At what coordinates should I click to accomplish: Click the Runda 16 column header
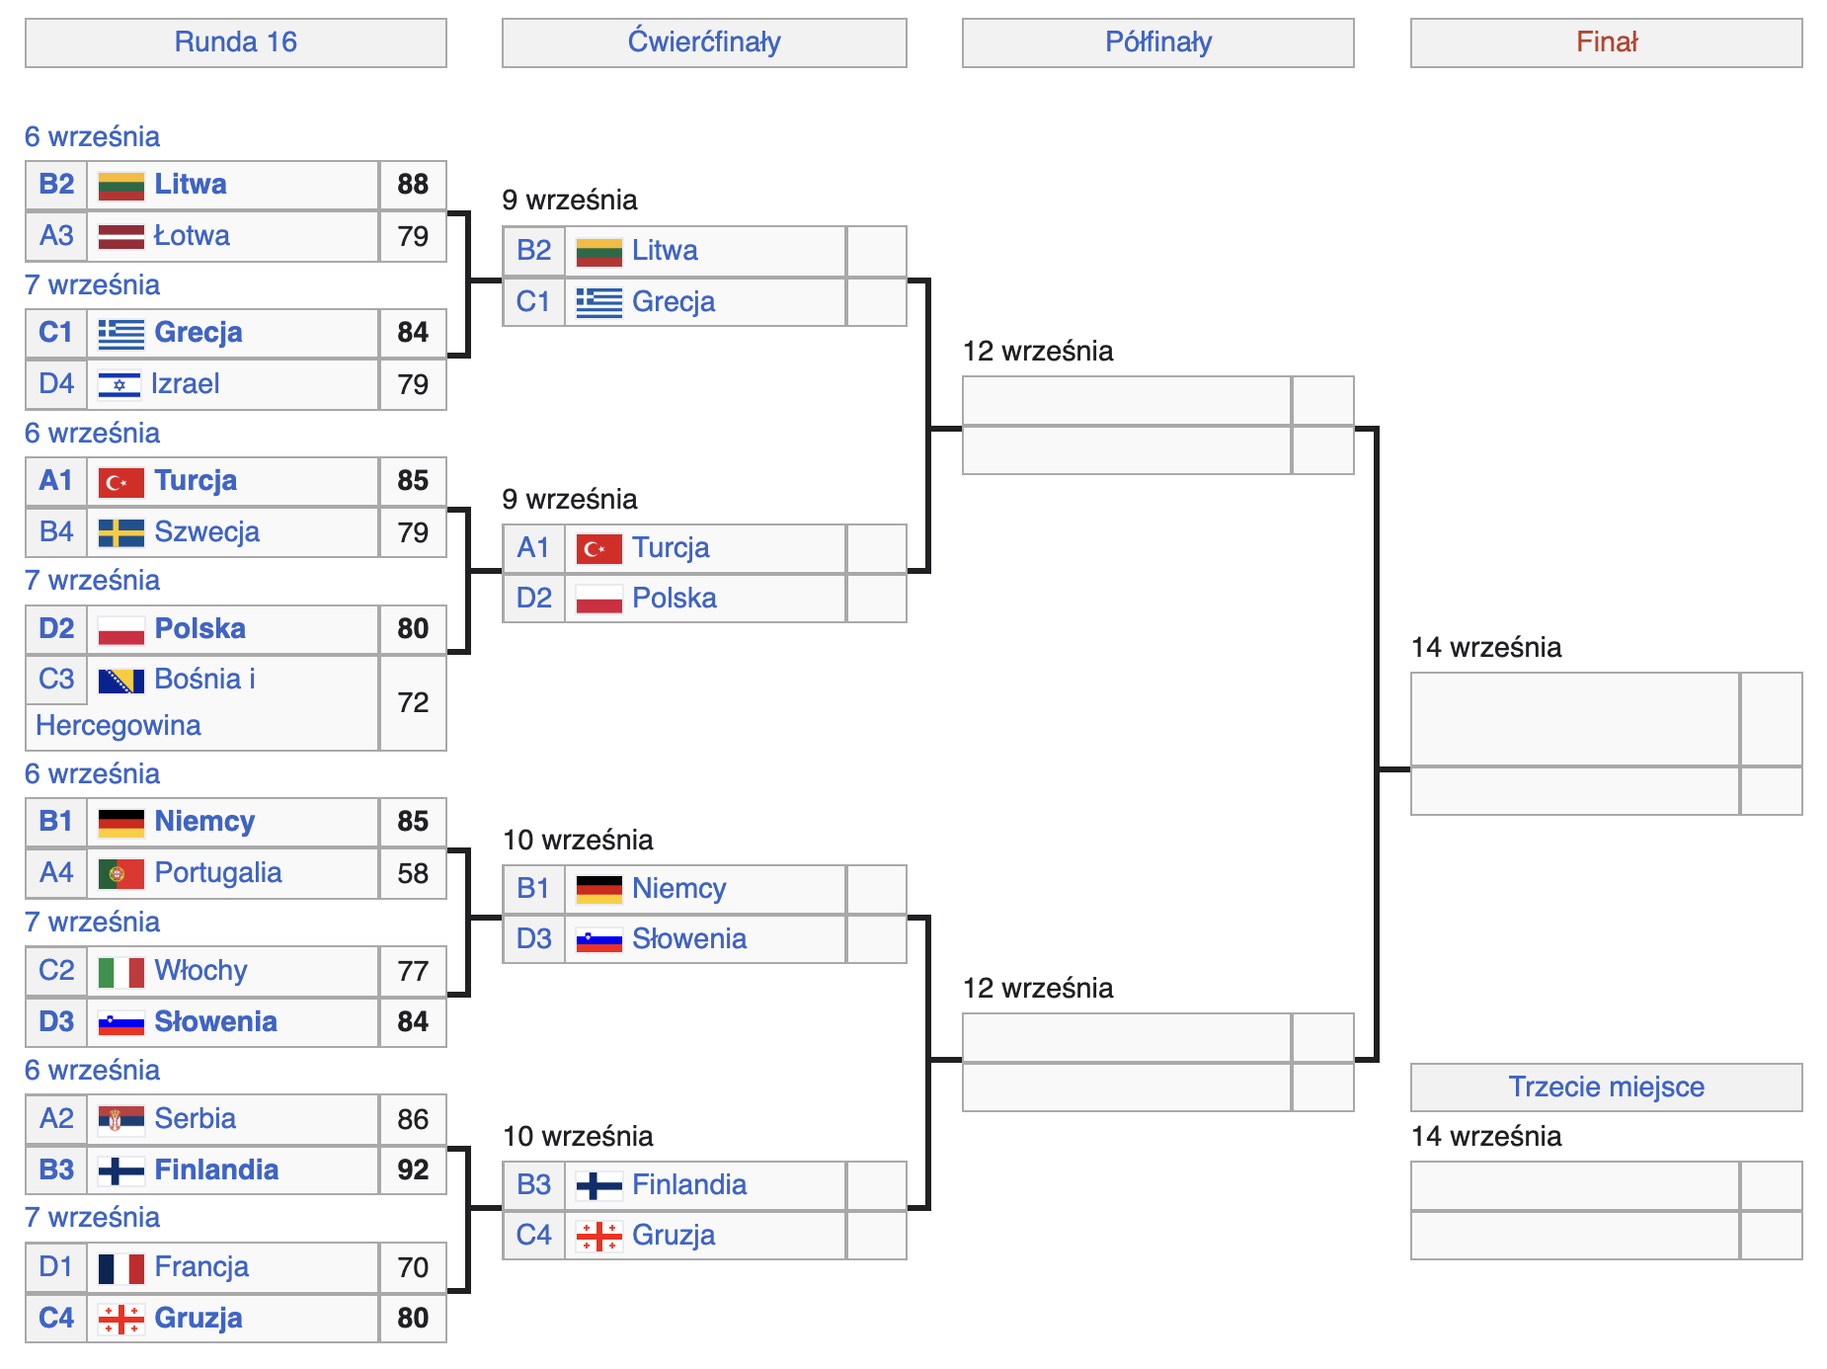[x=235, y=42]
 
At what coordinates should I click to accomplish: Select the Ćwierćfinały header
[x=704, y=42]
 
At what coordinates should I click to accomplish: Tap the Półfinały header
[x=1158, y=42]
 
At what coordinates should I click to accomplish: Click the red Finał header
[x=1607, y=42]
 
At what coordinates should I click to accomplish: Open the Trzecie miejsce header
[x=1607, y=1087]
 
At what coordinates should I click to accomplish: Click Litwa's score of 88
[x=413, y=185]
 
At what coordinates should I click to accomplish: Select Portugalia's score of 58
[x=413, y=873]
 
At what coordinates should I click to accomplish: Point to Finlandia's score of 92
[x=413, y=1169]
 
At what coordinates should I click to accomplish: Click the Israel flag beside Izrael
[x=119, y=384]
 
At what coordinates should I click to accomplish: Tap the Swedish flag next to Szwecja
[x=121, y=532]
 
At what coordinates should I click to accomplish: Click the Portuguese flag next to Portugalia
[x=121, y=873]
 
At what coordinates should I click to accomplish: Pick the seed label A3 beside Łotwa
[x=56, y=236]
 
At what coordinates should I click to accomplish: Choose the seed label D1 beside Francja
[x=56, y=1267]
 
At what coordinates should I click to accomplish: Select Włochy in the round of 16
[x=200, y=971]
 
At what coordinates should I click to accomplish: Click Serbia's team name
[x=196, y=1119]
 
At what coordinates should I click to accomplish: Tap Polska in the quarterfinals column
[x=675, y=599]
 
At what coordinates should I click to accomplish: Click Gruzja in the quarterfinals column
[x=674, y=1236]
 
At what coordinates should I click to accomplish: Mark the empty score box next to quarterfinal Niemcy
[x=877, y=889]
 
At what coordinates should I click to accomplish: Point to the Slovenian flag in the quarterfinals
[x=599, y=939]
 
